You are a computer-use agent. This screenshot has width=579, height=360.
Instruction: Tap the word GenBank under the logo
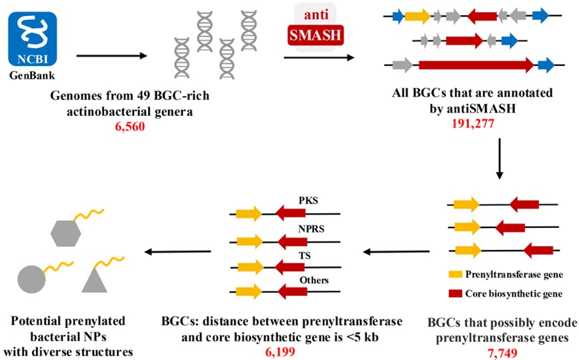[x=32, y=75]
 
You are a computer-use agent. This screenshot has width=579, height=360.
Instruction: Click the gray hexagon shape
[x=65, y=233]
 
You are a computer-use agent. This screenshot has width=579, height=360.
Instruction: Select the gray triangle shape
[x=95, y=280]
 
